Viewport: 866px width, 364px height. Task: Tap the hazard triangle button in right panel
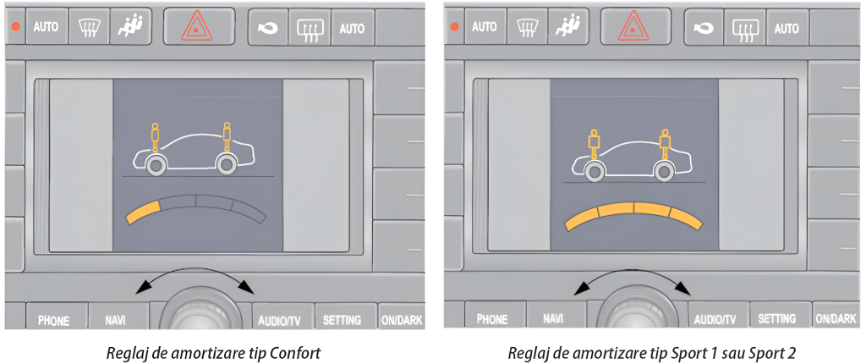[x=636, y=26]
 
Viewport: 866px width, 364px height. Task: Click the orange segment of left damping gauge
[x=143, y=212]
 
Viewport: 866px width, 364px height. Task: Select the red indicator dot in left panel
[x=15, y=26]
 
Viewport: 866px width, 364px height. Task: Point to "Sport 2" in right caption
[x=778, y=353]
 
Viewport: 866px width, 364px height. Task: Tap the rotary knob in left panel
[x=201, y=310]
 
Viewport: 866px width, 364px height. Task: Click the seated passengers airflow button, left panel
[x=130, y=26]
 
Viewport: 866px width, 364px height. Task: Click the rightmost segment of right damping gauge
[x=686, y=218]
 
